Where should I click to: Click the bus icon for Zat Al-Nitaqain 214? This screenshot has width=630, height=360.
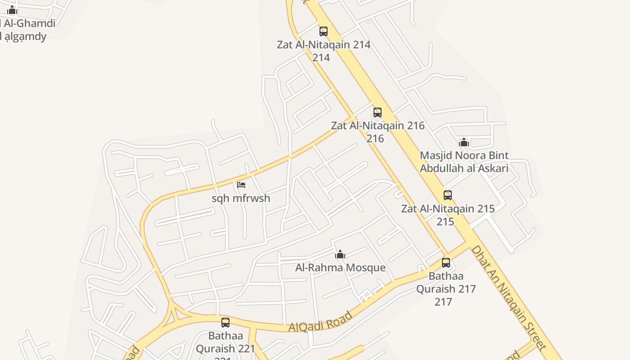pos(324,31)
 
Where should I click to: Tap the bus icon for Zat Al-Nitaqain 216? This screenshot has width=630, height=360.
pos(378,112)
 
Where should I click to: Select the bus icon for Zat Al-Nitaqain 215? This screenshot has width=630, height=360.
pos(448,195)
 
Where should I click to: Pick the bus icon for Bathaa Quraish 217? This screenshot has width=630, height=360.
pos(446,263)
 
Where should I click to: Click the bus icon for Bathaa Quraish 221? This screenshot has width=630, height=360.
pos(225,323)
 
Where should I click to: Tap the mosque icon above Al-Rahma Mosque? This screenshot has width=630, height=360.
pos(340,254)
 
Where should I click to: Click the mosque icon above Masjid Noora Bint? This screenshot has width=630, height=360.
pos(464,143)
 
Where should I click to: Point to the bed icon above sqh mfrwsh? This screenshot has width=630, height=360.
pos(241,184)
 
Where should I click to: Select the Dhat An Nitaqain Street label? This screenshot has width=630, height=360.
pos(508,297)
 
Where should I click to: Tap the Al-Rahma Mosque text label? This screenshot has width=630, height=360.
pos(340,268)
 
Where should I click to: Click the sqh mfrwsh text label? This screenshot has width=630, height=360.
pos(241,198)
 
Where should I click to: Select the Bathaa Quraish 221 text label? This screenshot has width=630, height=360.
pos(225,342)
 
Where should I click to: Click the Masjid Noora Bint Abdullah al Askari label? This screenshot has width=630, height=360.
pos(464,162)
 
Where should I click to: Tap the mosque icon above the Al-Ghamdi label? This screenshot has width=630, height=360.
pos(12,10)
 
